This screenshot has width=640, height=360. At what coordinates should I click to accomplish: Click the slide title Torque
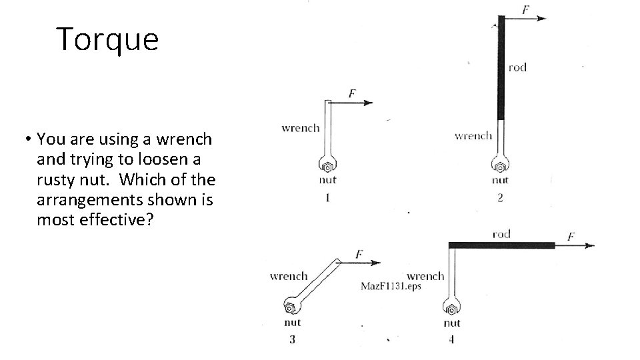click(108, 39)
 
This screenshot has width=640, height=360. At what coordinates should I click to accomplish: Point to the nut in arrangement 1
click(328, 167)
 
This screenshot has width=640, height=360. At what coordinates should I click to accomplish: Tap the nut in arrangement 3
click(291, 308)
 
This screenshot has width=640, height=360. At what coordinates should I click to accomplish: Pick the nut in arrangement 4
click(452, 309)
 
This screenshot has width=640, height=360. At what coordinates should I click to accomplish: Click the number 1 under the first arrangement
click(328, 197)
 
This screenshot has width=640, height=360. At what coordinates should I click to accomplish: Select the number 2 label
click(500, 197)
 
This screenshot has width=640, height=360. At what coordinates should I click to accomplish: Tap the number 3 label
click(292, 339)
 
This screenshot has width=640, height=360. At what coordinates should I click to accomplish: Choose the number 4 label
click(451, 339)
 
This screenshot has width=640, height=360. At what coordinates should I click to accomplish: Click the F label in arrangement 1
click(353, 94)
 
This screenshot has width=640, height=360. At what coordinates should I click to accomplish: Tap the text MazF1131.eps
click(391, 286)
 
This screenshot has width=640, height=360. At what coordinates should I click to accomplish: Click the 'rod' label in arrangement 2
click(517, 67)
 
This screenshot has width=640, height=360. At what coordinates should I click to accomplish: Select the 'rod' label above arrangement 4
click(501, 233)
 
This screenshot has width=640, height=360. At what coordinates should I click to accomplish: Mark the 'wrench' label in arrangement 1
click(301, 127)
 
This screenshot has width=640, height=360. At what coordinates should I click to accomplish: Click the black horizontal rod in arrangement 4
click(501, 245)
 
